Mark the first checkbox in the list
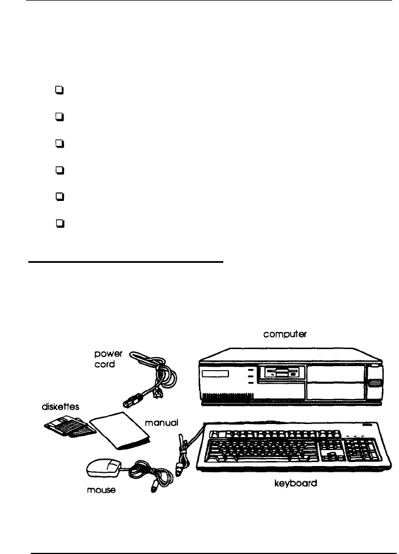(58, 89)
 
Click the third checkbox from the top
(58, 143)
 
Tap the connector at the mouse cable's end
(153, 488)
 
